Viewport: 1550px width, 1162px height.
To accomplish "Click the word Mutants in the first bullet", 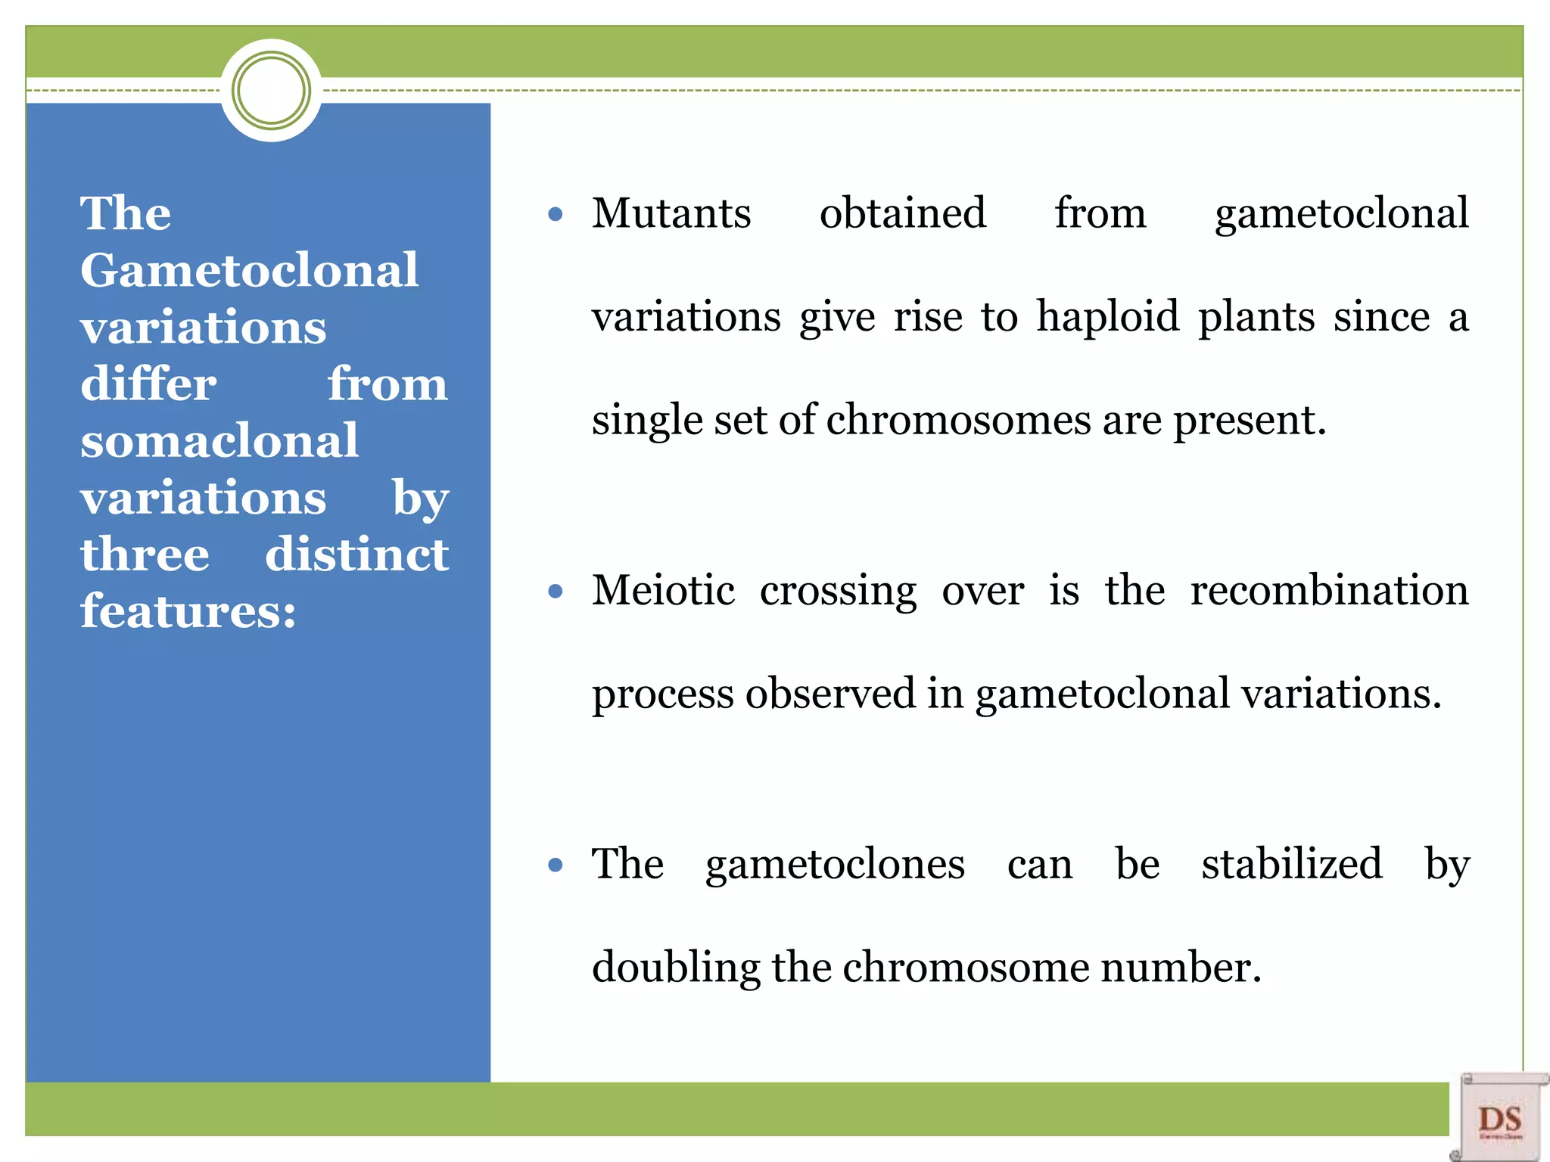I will click(671, 213).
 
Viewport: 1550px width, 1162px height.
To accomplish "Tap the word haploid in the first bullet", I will click(1107, 316).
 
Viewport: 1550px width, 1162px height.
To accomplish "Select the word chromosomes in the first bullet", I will click(958, 420).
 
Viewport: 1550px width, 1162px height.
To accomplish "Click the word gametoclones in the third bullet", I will click(835, 864).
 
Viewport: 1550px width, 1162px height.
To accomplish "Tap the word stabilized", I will click(1291, 864).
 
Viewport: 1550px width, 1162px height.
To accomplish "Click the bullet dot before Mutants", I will click(556, 215).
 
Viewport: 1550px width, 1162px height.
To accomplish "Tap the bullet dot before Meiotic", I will click(556, 592).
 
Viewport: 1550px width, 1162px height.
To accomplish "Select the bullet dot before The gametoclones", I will click(556, 865).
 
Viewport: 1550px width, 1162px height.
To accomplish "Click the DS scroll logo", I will click(1499, 1117).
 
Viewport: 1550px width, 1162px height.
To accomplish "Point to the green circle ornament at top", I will click(271, 91).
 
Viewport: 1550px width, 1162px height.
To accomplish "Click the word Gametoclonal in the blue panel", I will click(249, 270).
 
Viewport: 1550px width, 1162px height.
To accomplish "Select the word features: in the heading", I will click(188, 611).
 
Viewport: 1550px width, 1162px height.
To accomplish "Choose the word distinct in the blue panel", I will click(356, 555).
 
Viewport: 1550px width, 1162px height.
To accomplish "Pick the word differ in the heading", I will click(148, 384).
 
